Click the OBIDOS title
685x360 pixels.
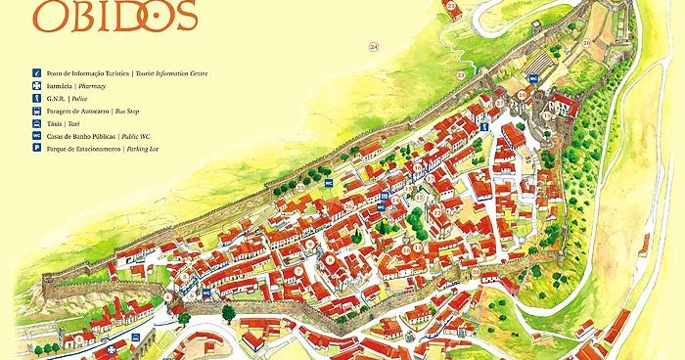click(115, 15)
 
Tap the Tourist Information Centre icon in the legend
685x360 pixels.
click(36, 73)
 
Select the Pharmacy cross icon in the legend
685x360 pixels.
click(36, 86)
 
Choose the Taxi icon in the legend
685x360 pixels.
click(36, 124)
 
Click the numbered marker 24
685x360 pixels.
click(374, 46)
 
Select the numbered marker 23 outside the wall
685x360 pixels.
click(461, 75)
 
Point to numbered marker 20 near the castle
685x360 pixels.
click(587, 42)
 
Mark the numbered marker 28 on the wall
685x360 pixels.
click(299, 187)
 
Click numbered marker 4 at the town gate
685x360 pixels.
click(168, 295)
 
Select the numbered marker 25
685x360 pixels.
click(450, 7)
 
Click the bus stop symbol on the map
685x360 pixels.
click(206, 292)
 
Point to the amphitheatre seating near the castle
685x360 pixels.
click(540, 64)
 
